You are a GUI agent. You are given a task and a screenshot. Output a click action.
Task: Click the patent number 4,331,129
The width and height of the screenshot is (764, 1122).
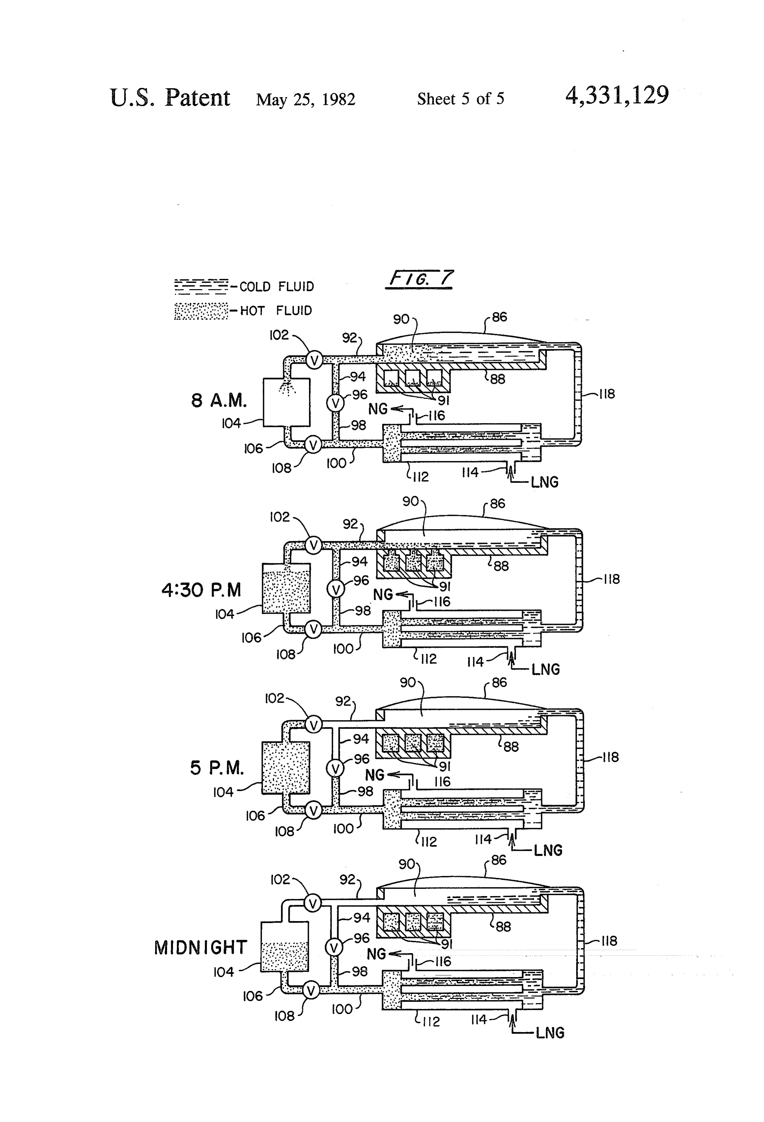617,95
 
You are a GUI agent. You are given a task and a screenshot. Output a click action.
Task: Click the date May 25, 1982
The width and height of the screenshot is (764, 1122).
306,99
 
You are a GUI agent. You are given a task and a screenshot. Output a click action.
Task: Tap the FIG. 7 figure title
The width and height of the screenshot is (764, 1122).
419,279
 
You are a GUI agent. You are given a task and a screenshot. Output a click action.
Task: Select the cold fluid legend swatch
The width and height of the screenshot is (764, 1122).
201,286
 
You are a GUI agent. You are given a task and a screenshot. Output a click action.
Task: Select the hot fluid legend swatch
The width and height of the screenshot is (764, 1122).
201,311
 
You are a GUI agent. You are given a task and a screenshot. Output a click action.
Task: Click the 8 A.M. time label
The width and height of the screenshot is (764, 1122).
219,400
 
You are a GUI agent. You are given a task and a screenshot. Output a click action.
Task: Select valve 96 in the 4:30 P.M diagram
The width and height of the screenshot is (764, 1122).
336,589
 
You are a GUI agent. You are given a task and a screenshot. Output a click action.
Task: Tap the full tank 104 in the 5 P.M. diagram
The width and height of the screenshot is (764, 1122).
286,768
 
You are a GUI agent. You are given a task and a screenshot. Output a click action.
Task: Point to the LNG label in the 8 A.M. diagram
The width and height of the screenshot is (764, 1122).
544,482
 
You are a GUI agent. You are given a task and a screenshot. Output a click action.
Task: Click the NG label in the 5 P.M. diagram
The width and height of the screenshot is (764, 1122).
374,775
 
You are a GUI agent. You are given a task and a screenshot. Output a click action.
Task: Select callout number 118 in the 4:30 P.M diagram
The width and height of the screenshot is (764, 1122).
612,579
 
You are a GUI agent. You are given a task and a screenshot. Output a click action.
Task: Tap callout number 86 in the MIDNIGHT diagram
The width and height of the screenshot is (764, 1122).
499,860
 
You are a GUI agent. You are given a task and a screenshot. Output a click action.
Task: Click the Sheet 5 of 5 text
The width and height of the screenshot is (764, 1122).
461,99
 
